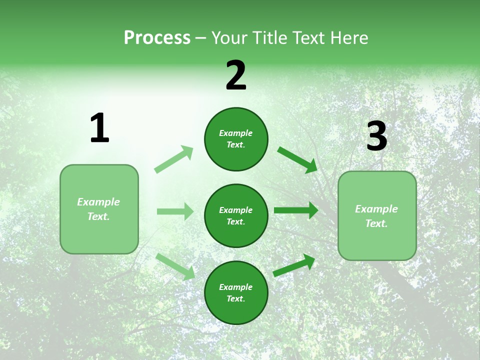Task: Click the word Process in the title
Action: pos(157,38)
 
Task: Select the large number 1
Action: pos(99,128)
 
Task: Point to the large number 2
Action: pos(236,75)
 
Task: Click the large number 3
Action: pos(376,136)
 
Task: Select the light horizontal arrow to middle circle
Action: pos(175,211)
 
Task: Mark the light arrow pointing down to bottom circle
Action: pos(175,266)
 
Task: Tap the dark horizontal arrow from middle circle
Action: pos(296,210)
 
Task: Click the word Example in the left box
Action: pos(98,202)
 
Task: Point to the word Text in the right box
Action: pos(376,223)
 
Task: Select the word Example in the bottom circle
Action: pos(236,287)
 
